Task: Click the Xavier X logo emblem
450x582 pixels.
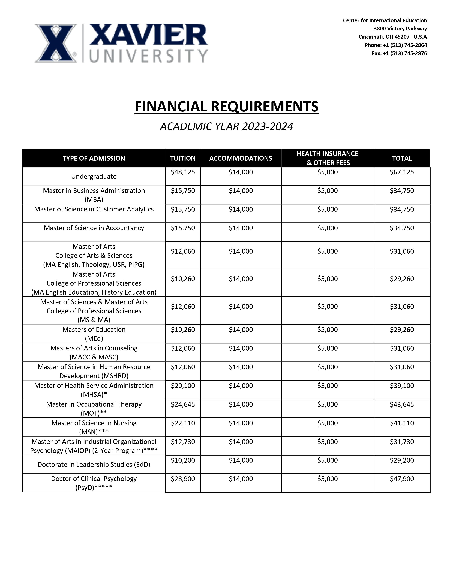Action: coord(56,43)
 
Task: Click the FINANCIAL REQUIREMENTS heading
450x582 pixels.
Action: coord(226,107)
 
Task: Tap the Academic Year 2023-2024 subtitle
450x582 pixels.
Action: coord(226,126)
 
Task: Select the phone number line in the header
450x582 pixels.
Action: coord(396,45)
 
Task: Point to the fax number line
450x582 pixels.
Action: coord(399,53)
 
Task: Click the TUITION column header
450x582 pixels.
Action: coord(183,158)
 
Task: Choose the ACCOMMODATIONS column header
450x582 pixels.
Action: coord(241,158)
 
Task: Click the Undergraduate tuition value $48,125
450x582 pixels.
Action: coord(183,172)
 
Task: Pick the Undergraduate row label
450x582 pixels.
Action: coord(94,176)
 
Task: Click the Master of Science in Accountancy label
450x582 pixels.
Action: coord(94,228)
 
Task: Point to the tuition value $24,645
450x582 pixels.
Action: coord(183,404)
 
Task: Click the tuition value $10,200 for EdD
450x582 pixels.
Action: coord(183,460)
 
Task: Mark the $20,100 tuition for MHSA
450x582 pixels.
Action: coord(183,386)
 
